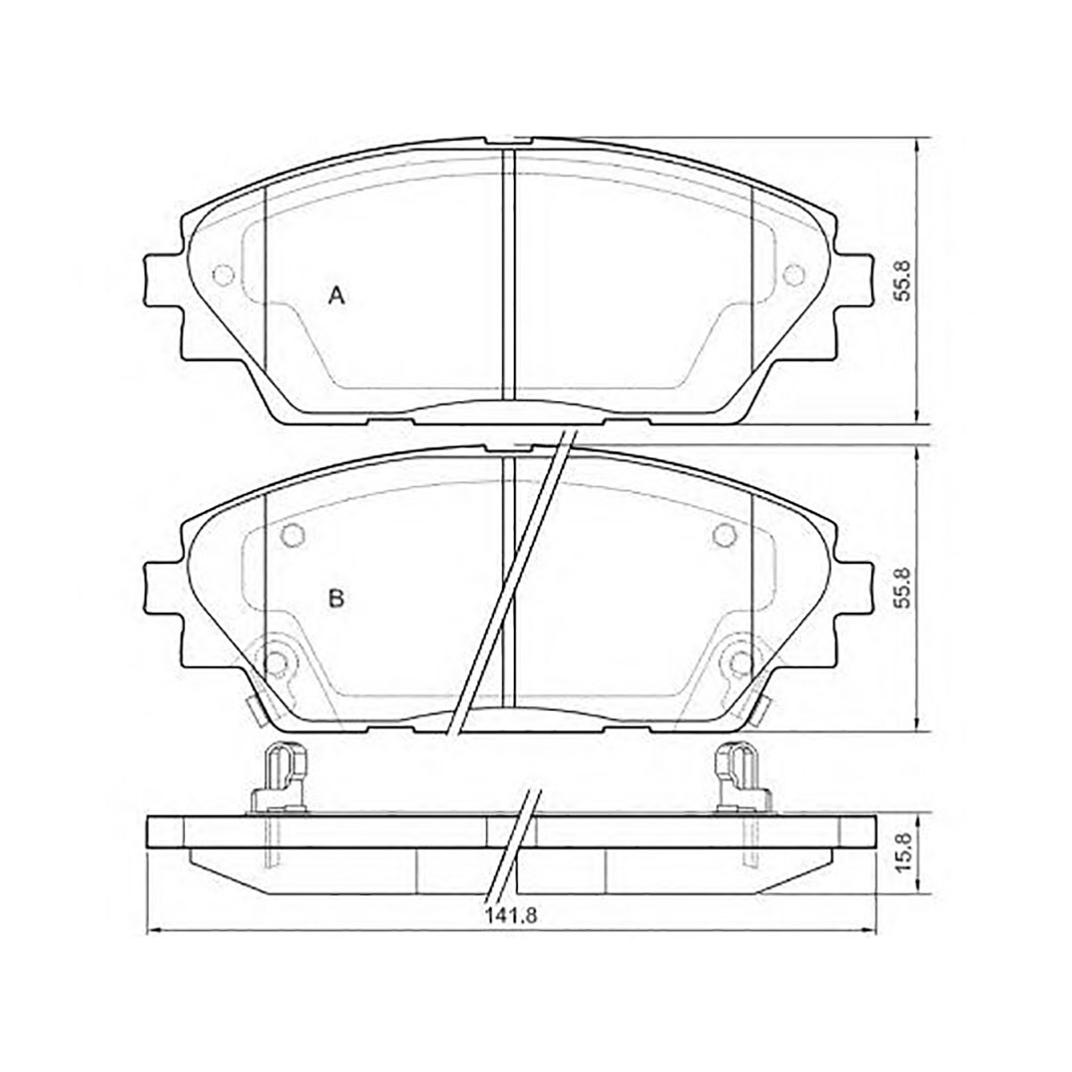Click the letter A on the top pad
(x=337, y=296)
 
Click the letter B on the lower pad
(x=337, y=599)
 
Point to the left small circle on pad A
(x=223, y=275)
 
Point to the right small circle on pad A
(x=793, y=275)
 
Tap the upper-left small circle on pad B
(x=293, y=534)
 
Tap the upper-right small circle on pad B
(x=724, y=534)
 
